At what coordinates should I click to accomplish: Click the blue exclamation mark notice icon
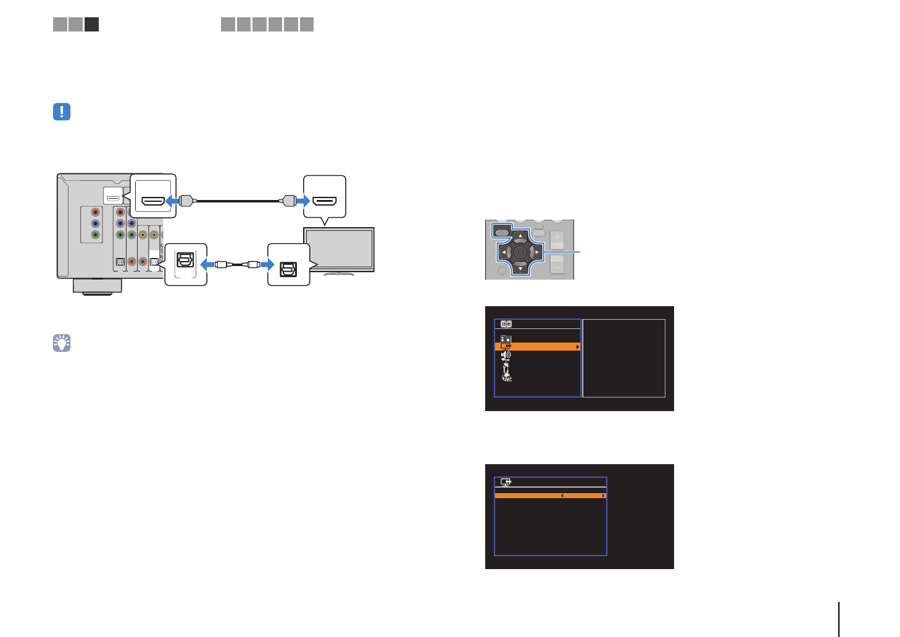(x=62, y=112)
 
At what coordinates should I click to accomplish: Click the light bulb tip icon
(x=62, y=343)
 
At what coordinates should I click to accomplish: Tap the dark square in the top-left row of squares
(x=91, y=24)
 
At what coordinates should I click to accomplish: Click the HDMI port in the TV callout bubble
(x=325, y=201)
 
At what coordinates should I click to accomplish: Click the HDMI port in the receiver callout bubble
(x=154, y=201)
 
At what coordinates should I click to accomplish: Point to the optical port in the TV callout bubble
(x=288, y=269)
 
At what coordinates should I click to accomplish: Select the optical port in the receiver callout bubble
(x=185, y=260)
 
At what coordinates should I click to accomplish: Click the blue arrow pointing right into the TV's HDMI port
(x=302, y=201)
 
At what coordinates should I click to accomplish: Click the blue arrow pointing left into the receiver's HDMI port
(x=172, y=201)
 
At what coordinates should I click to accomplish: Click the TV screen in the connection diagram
(x=338, y=249)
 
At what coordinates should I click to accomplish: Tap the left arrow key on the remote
(x=504, y=252)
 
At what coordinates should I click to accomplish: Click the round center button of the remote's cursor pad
(x=520, y=252)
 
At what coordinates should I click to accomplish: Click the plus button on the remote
(x=557, y=238)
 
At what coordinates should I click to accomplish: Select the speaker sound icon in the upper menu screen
(x=506, y=355)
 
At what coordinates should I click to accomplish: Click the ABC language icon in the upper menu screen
(x=507, y=377)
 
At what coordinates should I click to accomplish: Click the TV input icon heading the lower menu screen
(x=506, y=482)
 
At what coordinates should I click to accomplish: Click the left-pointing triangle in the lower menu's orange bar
(x=562, y=496)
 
